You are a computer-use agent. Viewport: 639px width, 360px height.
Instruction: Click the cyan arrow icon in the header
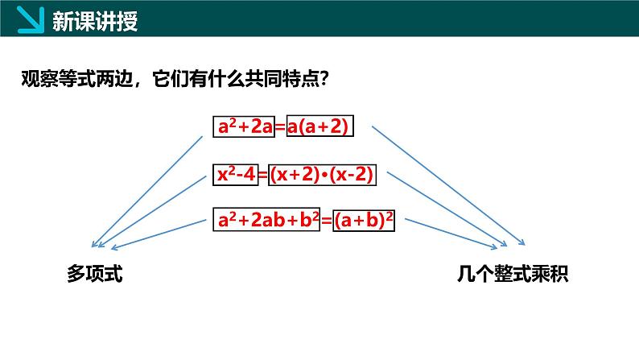[31, 19]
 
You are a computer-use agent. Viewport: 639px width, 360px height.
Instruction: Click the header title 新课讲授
[95, 21]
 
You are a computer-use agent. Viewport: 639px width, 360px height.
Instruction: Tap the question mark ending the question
[324, 79]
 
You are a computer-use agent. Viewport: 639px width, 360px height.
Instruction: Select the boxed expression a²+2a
[244, 126]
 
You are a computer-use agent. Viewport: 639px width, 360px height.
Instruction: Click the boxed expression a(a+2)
[320, 126]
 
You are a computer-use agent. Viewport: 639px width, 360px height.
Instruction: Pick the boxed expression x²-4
[236, 175]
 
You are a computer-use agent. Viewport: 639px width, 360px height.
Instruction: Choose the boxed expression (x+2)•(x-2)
[322, 175]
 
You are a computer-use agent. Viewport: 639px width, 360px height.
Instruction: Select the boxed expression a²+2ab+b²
[266, 220]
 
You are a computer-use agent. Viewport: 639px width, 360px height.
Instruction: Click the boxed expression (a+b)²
[364, 221]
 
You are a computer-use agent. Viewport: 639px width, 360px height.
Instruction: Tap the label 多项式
[94, 273]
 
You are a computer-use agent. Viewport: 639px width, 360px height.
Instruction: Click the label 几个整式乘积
[513, 273]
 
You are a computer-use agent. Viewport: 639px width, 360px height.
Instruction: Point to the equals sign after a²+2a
[281, 127]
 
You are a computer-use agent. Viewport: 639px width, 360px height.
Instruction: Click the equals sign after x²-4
[263, 176]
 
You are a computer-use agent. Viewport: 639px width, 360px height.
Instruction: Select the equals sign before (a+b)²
[327, 221]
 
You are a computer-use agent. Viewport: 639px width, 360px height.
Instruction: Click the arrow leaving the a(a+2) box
[448, 185]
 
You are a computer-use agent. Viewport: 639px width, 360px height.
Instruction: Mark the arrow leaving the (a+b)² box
[451, 234]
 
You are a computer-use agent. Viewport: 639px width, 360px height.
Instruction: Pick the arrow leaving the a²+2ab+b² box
[159, 234]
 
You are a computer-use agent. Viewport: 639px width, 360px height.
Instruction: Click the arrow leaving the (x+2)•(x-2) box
[447, 209]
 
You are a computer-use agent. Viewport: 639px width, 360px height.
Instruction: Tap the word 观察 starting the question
[39, 79]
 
